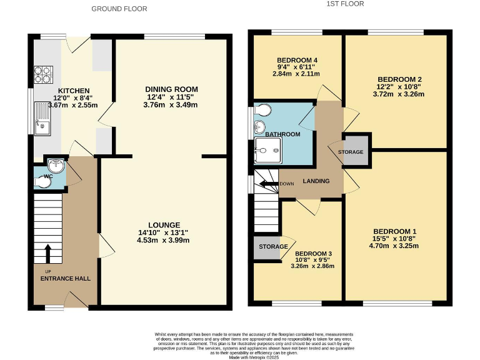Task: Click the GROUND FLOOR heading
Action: tap(119, 9)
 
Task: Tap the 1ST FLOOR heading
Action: tap(345, 4)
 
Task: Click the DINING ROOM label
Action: tap(172, 89)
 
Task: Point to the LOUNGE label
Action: tap(164, 225)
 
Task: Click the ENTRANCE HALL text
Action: tap(66, 277)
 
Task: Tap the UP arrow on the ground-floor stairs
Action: tap(48, 253)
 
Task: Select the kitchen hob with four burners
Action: tap(43, 74)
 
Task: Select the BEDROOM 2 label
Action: tap(399, 79)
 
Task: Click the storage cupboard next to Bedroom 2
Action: tap(355, 152)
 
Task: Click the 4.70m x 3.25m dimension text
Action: tap(394, 246)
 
